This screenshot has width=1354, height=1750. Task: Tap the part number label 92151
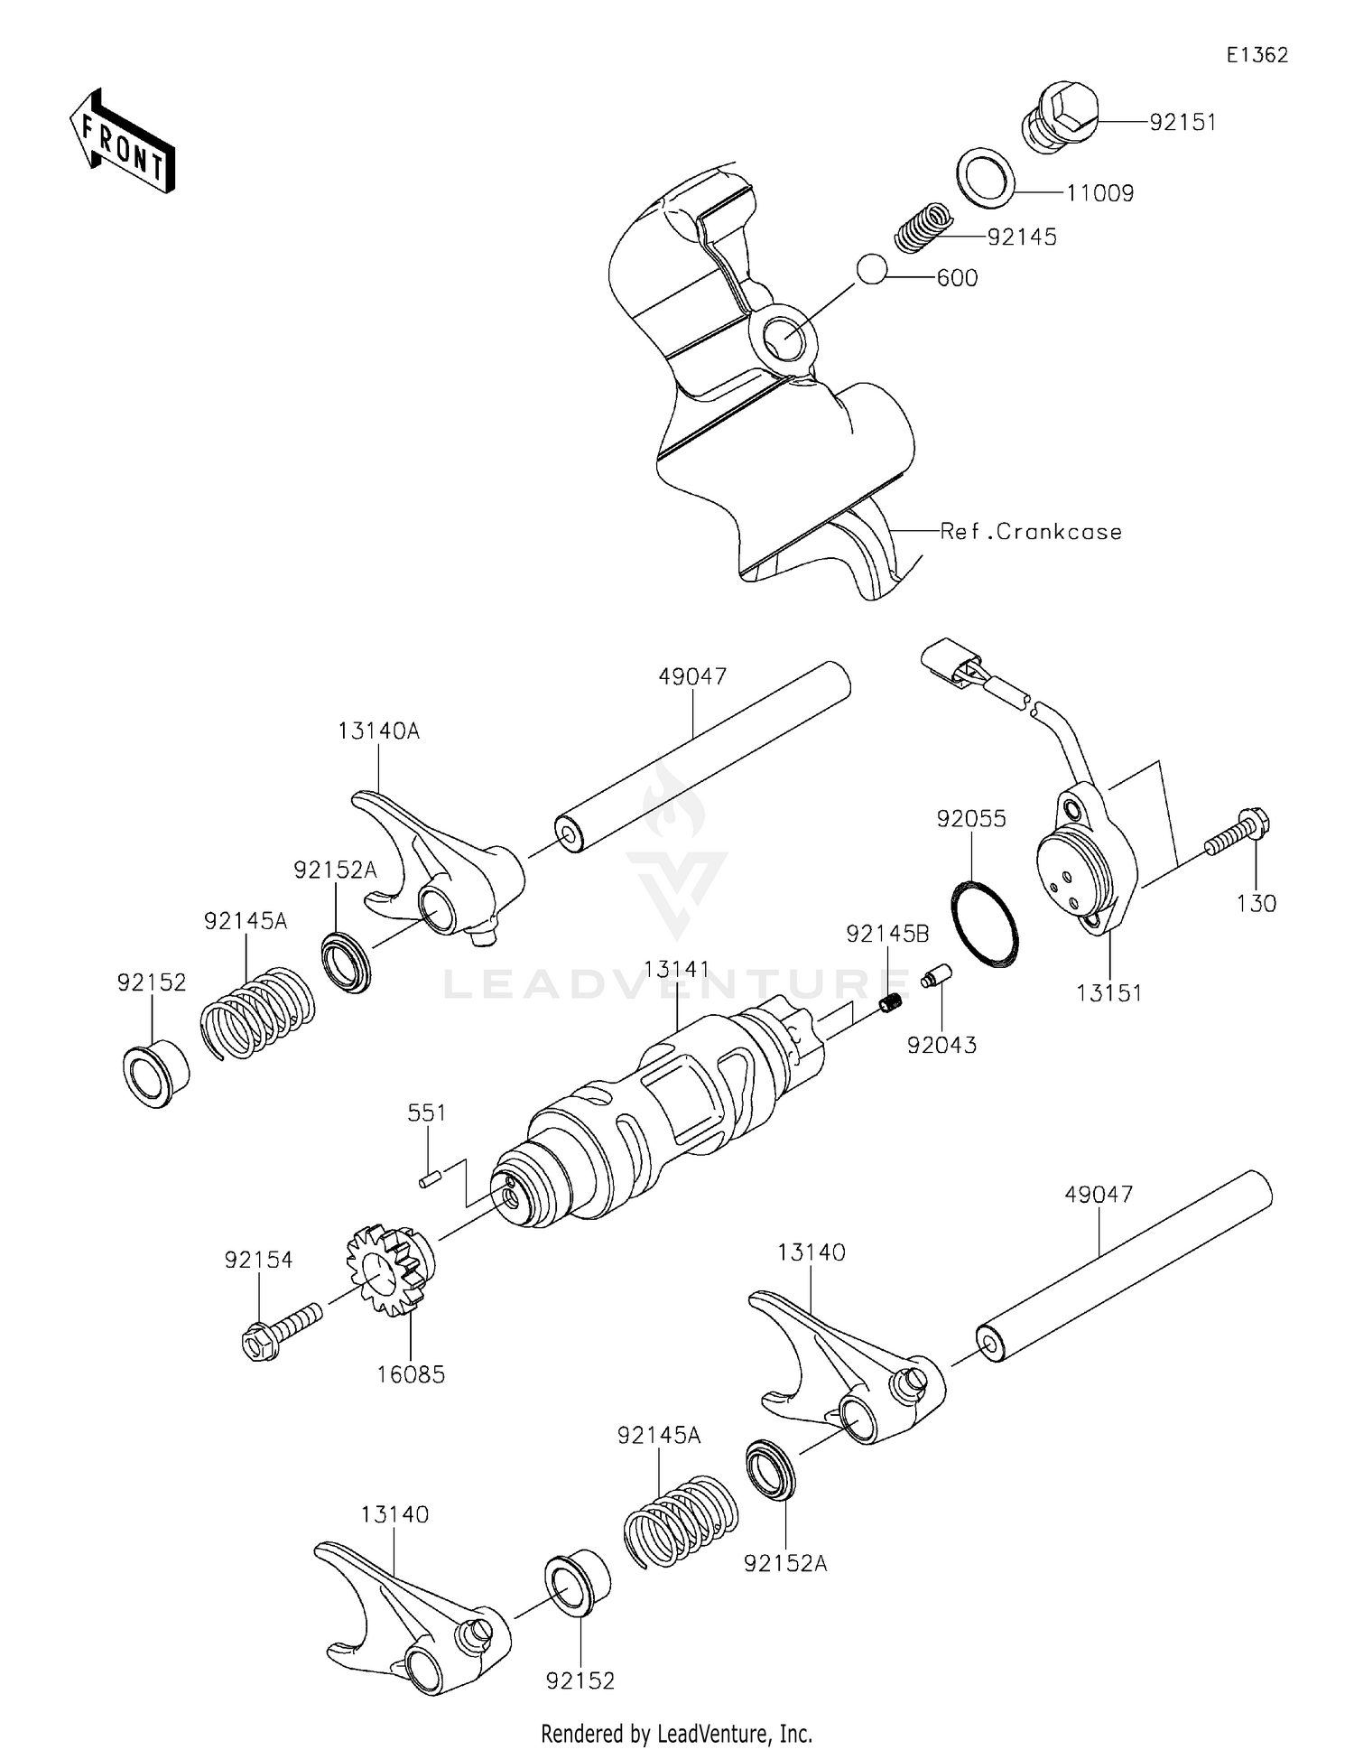coord(1182,123)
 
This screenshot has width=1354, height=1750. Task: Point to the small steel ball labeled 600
coord(872,270)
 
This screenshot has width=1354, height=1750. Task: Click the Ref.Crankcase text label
coord(1031,532)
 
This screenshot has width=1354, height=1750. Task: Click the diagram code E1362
coord(1257,55)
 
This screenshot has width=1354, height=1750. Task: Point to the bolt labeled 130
coord(1238,834)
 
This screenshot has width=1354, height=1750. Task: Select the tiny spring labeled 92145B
coord(890,1002)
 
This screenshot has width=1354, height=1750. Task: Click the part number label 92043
coord(941,1045)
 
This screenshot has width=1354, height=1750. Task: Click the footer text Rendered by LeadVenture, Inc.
coord(676,1733)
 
